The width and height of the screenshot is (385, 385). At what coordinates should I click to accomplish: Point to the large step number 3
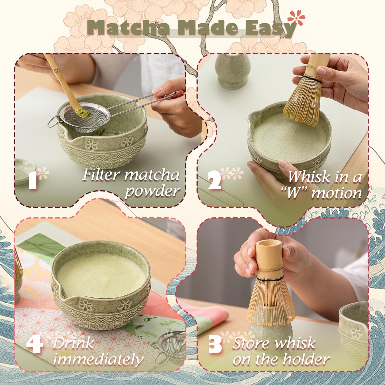215,345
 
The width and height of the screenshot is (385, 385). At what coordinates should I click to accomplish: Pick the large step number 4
35,345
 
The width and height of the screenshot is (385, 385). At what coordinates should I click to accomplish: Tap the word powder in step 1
152,191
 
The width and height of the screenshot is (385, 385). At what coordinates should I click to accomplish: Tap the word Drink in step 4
73,343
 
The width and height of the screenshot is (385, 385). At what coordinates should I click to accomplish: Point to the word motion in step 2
336,193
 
